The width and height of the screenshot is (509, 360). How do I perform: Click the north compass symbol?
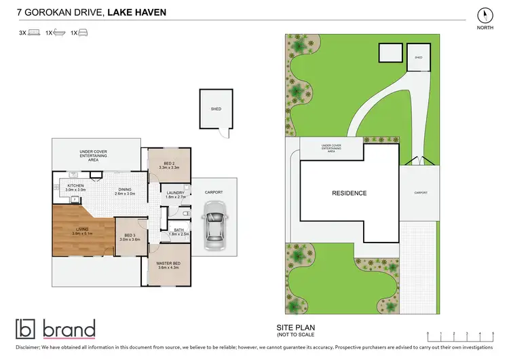point(485,16)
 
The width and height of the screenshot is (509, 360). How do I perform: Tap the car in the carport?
point(214,227)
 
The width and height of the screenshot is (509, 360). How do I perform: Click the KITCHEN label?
point(75,187)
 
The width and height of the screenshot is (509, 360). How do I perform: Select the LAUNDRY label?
point(176,194)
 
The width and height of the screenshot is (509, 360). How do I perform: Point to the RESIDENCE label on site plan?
point(349,194)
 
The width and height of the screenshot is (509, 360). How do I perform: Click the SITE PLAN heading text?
point(295,327)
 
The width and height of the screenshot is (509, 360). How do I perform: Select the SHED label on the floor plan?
point(215,109)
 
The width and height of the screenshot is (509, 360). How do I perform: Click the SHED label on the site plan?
point(418,58)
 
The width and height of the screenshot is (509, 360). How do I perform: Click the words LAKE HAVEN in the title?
point(136,12)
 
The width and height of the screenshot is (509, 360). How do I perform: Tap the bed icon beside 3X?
point(34,32)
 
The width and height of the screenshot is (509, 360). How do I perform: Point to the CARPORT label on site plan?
point(421,193)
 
